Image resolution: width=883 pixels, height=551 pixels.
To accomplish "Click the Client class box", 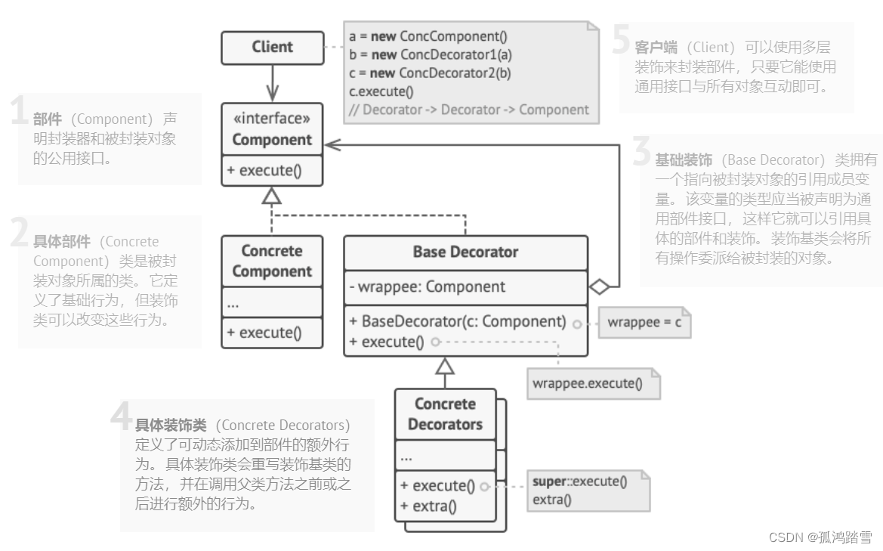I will (x=272, y=47).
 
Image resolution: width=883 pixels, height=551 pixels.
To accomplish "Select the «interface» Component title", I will (x=272, y=129).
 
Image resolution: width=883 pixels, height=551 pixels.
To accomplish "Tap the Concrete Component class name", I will (x=272, y=261).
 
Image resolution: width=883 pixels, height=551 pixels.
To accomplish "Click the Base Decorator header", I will (x=465, y=252).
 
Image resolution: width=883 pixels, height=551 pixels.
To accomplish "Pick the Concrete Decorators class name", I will (x=445, y=414).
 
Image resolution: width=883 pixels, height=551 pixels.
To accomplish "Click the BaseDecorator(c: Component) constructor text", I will (x=458, y=321).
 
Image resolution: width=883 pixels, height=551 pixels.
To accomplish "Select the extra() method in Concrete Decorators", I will (x=428, y=506).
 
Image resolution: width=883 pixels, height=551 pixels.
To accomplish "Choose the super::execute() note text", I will (x=579, y=481).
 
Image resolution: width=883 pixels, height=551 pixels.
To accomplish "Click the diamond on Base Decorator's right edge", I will (x=599, y=286).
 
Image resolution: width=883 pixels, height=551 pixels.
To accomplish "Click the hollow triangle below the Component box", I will (x=272, y=196).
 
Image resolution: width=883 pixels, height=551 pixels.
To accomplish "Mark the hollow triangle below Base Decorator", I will (x=445, y=367).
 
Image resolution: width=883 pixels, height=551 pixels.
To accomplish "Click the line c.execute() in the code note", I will (x=381, y=91).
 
